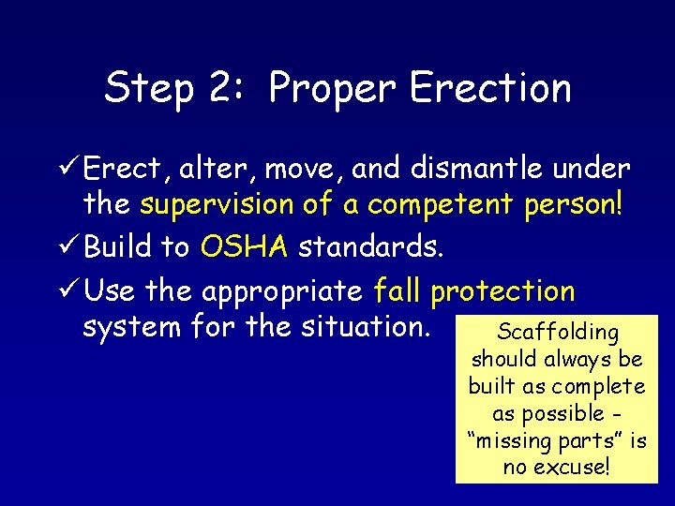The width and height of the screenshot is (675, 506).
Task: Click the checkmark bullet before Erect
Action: (67, 169)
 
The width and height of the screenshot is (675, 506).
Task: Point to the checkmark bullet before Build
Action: (67, 246)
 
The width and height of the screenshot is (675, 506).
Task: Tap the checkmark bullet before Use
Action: (67, 291)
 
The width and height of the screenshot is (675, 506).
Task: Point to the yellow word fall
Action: (397, 291)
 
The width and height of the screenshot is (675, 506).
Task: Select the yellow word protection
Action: (502, 291)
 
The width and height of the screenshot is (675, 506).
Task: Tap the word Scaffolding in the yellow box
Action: (558, 332)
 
